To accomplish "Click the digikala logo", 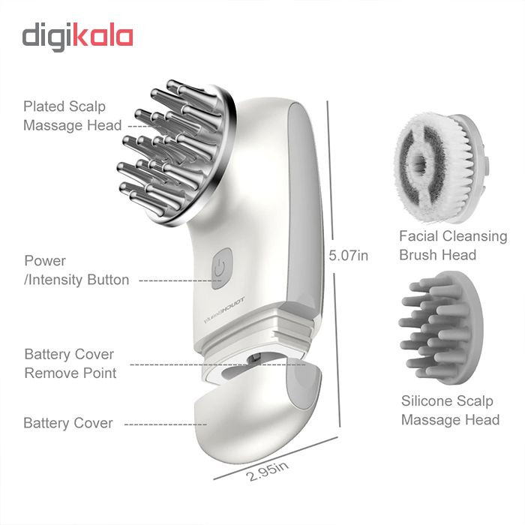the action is tap(78, 37).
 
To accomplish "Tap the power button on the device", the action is tap(222, 268).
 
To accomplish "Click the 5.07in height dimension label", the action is tap(348, 256).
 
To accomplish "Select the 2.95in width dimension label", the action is tap(267, 471).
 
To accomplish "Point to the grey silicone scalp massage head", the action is tap(441, 328).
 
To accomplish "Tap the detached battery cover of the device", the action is tap(257, 410).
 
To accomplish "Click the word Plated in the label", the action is tap(43, 106).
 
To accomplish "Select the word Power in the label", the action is tap(45, 261).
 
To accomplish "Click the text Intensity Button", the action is tap(79, 280).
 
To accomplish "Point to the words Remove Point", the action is tap(70, 373).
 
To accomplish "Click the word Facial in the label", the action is tap(419, 236).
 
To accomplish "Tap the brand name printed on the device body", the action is tap(224, 309).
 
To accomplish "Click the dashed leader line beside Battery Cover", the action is tap(166, 424).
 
